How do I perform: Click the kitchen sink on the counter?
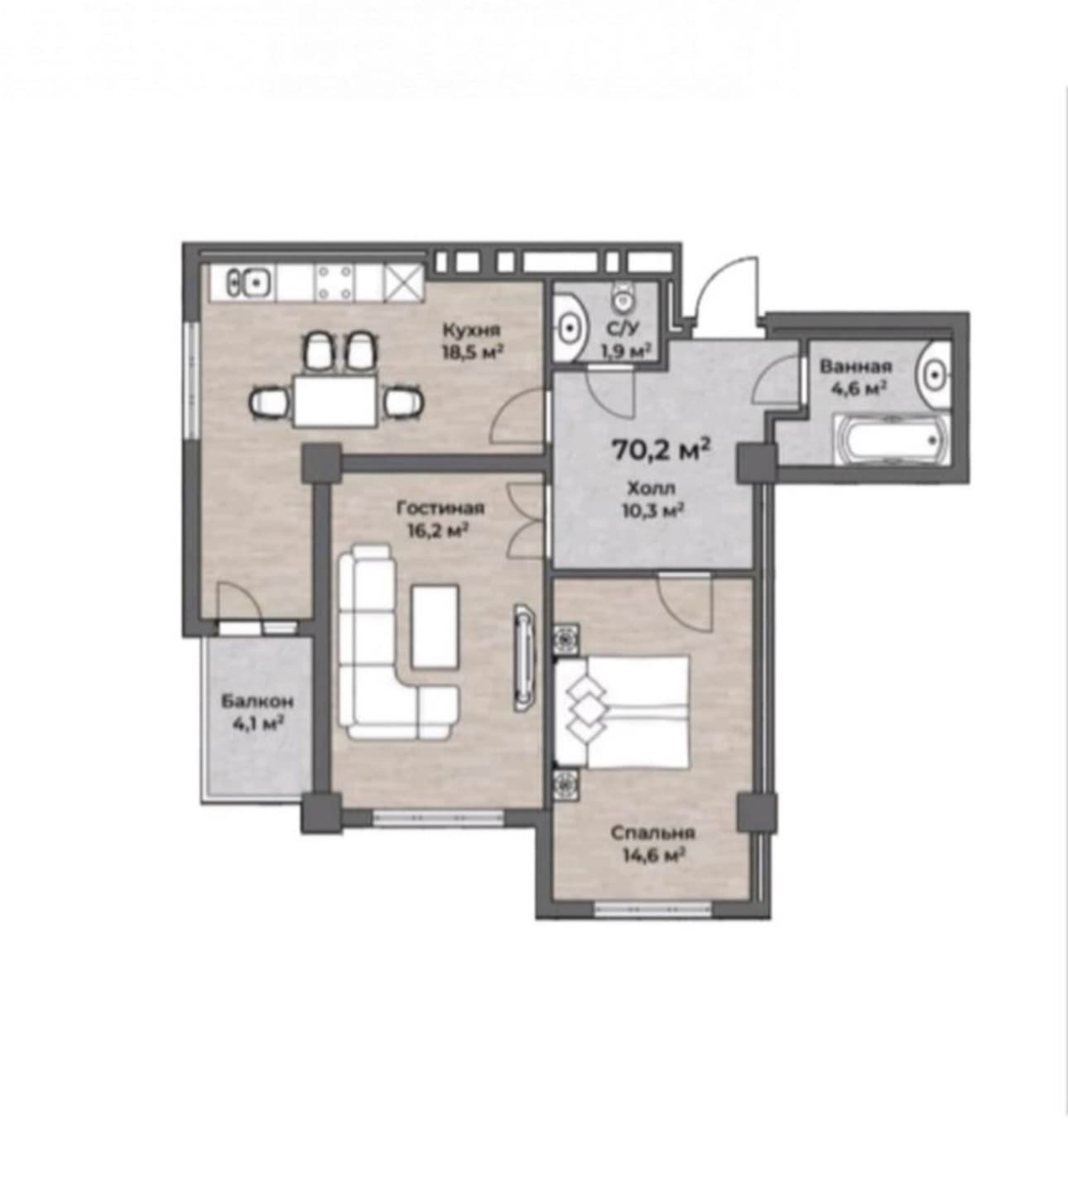(249, 283)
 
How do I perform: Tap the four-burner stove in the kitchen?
(334, 283)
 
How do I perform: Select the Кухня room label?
(471, 329)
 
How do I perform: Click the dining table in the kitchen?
(334, 402)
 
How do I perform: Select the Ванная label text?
(855, 368)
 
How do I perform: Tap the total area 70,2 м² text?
(661, 450)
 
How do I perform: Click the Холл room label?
(651, 488)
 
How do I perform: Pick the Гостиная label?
(440, 508)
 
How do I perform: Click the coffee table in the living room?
(435, 627)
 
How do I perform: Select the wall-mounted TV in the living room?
(524, 658)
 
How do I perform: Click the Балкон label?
(257, 701)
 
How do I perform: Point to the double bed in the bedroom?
(623, 713)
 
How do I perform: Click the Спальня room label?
(653, 834)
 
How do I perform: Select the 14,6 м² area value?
(653, 856)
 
